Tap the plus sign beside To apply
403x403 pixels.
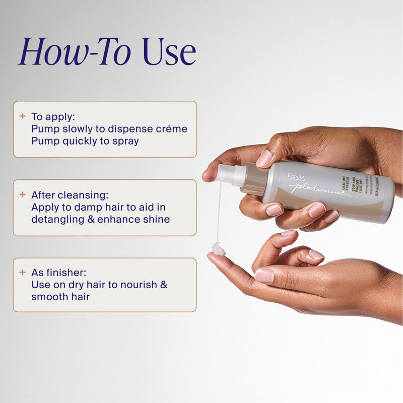22,116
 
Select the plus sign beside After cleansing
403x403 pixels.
22,194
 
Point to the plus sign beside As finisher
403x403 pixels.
22,272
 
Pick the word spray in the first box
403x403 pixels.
125,141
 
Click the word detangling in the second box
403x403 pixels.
56,219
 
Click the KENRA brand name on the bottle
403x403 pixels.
296,176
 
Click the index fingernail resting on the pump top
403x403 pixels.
264,158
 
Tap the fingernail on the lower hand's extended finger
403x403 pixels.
265,275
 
